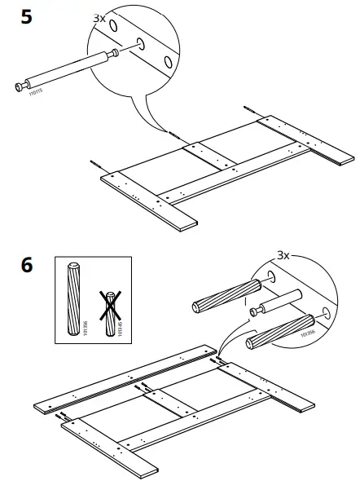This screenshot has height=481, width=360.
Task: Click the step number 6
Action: [26, 266]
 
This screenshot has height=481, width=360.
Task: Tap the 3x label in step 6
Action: [283, 255]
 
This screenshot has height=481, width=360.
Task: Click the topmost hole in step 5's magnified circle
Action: [113, 26]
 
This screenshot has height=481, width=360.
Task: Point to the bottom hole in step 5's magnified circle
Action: [168, 61]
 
